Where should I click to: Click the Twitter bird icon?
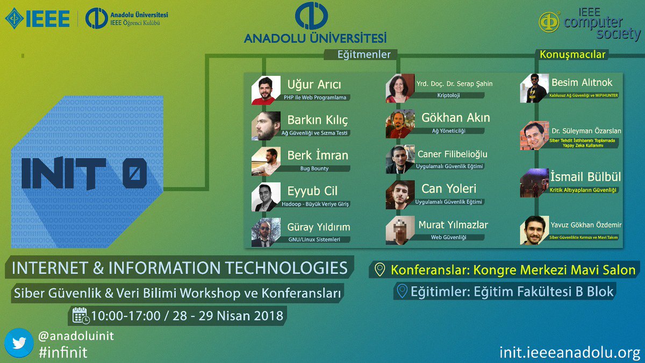[x=19, y=343]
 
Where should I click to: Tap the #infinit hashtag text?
[x=62, y=352]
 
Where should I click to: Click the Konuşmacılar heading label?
[x=572, y=55]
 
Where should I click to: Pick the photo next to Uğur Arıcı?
[x=266, y=90]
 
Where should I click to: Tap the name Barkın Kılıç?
[x=318, y=119]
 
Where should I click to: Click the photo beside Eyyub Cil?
[x=266, y=197]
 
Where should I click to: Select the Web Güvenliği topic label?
[x=448, y=237]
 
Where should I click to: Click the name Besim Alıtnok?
[x=582, y=82]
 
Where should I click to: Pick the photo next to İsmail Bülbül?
[x=534, y=184]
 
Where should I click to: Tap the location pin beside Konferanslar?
[x=381, y=269]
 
